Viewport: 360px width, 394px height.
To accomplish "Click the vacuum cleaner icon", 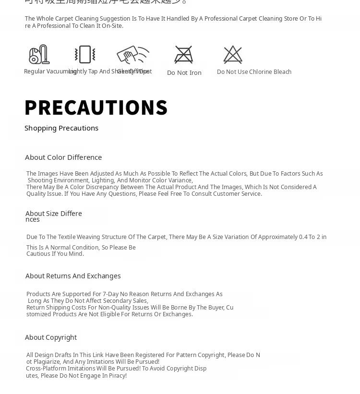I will pos(39,54).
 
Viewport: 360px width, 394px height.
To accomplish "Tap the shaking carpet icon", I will pos(85,54).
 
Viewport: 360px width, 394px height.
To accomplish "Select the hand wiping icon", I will pos(132,54).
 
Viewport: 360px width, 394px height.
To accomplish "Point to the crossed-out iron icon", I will pos(183,55).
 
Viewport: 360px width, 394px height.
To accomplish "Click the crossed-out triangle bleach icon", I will pos(233,55).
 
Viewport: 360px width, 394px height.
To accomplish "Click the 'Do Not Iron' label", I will pos(184,73).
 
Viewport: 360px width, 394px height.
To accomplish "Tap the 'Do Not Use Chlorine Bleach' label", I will pos(254,72).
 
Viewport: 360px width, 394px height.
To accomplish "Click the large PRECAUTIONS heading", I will pos(96,107).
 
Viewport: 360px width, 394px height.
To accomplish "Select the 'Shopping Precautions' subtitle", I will pos(61,128).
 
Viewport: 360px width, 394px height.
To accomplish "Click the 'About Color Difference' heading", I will pos(63,157).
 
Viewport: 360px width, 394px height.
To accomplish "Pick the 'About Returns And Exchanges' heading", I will pos(73,276).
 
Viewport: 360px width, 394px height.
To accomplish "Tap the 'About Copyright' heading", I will pos(51,337).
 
